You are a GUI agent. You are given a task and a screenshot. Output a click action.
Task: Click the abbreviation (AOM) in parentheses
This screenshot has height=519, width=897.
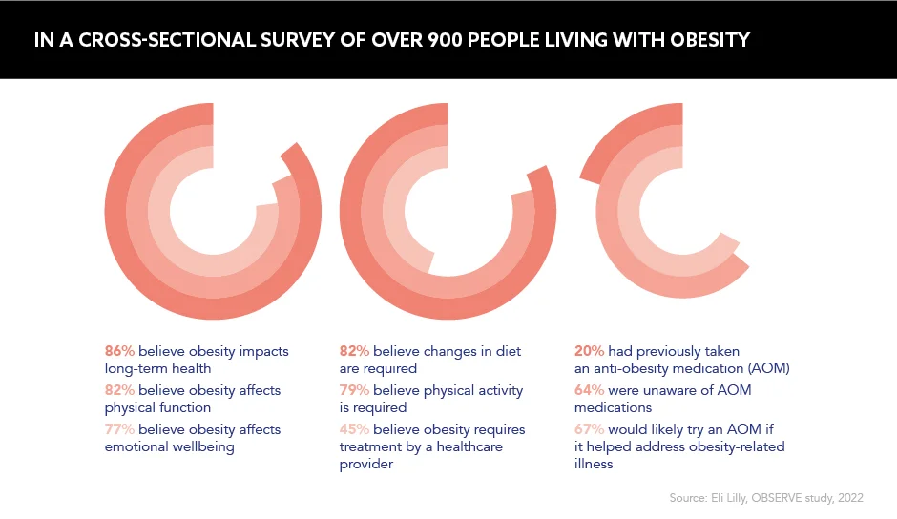pos(769,368)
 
